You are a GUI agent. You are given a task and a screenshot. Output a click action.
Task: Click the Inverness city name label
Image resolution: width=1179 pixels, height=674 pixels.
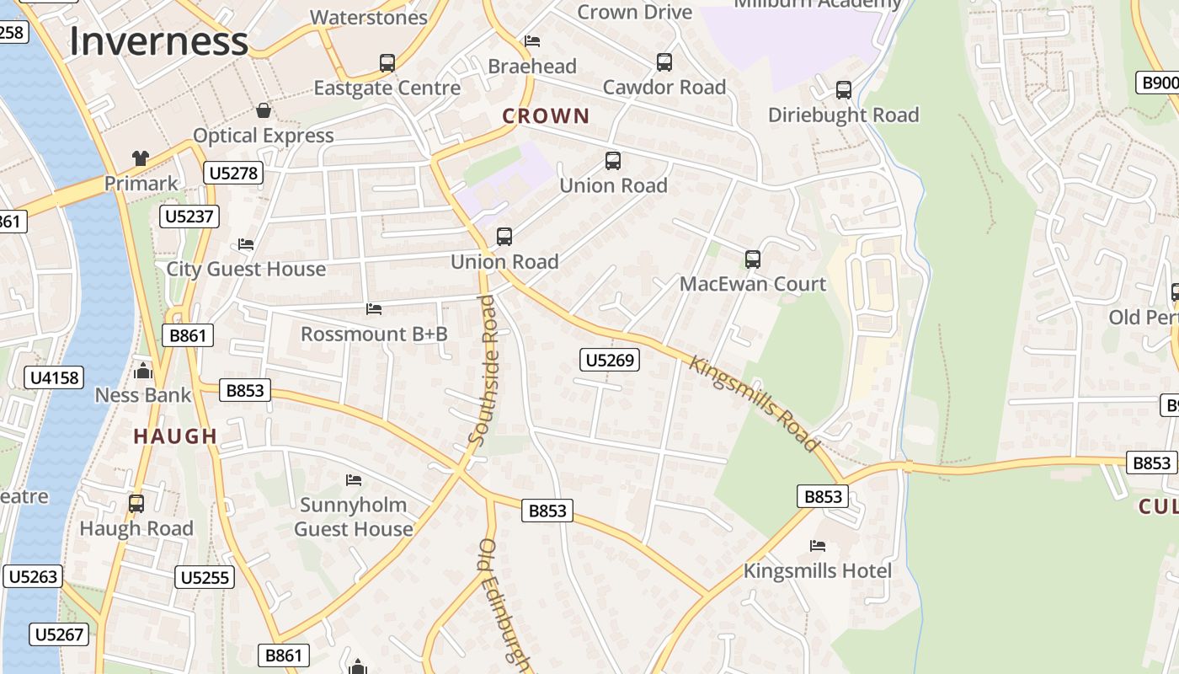[158, 40]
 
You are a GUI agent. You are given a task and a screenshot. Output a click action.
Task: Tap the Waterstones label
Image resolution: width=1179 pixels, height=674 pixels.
[369, 17]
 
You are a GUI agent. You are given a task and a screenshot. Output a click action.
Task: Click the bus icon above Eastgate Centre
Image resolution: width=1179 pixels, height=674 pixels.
[387, 62]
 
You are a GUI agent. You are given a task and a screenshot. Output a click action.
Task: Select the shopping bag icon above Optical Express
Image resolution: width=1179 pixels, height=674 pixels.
[264, 110]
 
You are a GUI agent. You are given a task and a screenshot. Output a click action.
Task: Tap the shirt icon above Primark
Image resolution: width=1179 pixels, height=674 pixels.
[141, 158]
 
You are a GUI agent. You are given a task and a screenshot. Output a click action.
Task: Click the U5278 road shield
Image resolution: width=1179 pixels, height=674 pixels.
[233, 174]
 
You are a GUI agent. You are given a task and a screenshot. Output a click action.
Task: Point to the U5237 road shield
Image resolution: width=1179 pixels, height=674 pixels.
[189, 217]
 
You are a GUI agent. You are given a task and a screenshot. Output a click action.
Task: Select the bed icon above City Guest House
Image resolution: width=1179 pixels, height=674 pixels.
[246, 244]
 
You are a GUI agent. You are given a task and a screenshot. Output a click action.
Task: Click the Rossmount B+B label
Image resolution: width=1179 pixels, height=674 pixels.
[374, 334]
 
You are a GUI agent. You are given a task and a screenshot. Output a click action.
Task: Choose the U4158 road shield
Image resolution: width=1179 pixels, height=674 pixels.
[55, 377]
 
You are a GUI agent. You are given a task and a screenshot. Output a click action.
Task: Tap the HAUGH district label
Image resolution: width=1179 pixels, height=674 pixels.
[175, 436]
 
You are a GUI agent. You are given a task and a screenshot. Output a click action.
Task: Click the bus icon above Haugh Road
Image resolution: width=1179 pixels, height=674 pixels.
[136, 504]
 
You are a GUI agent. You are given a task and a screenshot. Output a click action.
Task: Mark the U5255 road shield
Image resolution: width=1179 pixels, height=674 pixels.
[205, 577]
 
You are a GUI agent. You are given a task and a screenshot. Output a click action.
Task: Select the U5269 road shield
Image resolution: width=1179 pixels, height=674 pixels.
[610, 361]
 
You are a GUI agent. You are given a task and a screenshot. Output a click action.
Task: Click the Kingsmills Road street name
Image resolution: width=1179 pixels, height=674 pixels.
[755, 404]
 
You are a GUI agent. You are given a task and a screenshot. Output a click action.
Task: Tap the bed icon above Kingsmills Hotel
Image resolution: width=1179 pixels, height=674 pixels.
[817, 546]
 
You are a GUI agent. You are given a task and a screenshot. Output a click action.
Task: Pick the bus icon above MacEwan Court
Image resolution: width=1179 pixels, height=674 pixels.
[753, 259]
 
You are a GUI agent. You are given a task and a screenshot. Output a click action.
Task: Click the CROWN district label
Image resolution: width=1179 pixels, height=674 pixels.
[546, 116]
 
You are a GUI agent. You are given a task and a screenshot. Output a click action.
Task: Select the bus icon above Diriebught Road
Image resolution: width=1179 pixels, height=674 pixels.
[844, 90]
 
